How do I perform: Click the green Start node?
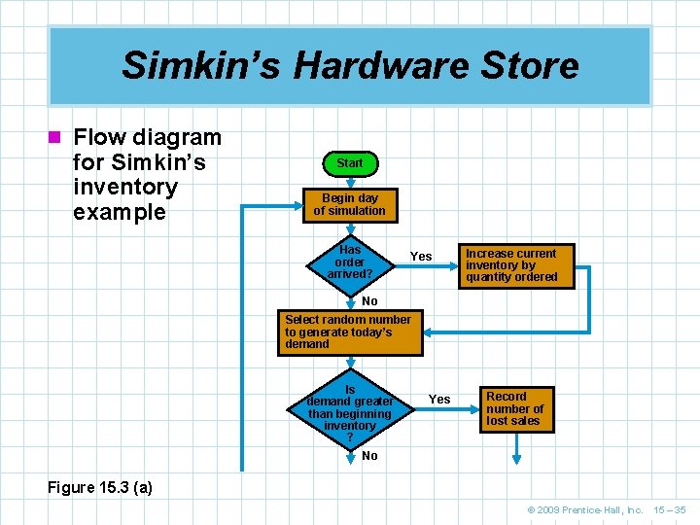coord(349,163)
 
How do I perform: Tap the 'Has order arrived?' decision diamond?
coord(349,262)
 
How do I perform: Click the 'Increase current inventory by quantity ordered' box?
coord(516,265)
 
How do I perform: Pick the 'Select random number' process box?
coord(350,332)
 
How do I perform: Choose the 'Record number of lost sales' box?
coord(516,409)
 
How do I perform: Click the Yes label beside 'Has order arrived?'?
coord(421,257)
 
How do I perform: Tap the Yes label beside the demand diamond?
coord(439,400)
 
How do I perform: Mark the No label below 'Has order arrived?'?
coord(369,301)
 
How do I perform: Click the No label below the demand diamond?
coord(369,456)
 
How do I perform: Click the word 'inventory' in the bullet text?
coord(125,187)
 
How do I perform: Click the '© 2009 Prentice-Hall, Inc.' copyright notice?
coord(585,509)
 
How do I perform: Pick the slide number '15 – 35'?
coord(670,509)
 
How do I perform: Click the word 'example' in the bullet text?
coord(120,212)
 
